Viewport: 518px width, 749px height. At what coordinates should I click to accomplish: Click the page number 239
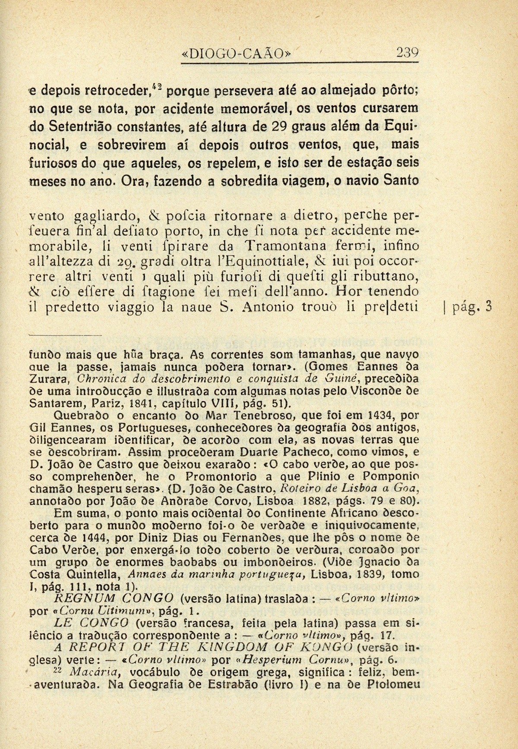coord(407,53)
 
